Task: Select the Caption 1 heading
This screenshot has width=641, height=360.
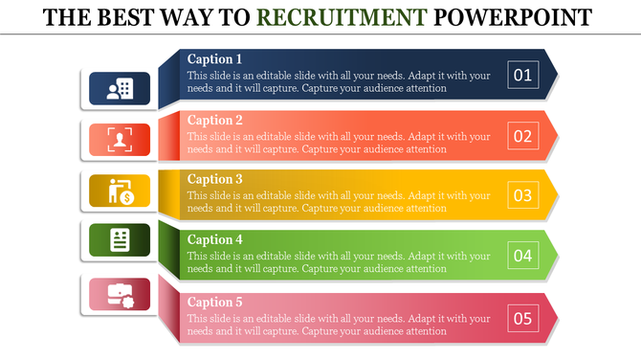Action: click(x=215, y=58)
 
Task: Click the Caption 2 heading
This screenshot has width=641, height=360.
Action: click(x=215, y=120)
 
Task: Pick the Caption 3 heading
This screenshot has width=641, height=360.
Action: click(x=215, y=179)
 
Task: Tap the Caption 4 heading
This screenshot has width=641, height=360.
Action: click(x=215, y=239)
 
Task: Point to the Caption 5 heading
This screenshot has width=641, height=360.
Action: click(x=215, y=302)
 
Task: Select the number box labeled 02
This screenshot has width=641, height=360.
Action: click(x=522, y=135)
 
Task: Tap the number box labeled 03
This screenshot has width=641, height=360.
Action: click(x=522, y=195)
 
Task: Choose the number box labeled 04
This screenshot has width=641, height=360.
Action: click(x=522, y=256)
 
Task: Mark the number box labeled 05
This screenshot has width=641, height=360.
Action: click(x=522, y=318)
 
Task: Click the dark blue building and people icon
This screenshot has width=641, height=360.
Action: click(x=120, y=88)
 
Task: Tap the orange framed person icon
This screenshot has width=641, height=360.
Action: click(x=120, y=139)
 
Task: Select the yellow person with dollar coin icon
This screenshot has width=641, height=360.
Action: click(x=120, y=191)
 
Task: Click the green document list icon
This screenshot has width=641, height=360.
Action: click(x=120, y=239)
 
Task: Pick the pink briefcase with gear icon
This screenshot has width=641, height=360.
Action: click(x=120, y=294)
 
